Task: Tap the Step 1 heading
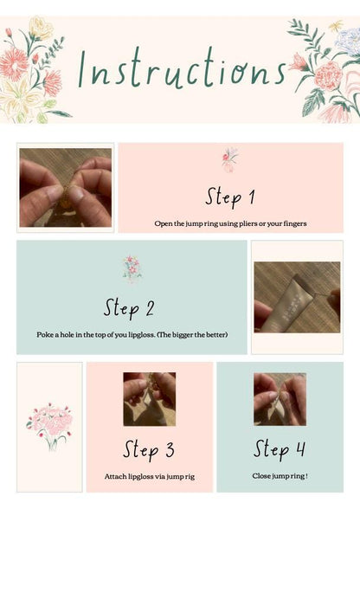[229, 197]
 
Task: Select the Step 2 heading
[129, 308]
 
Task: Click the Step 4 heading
[280, 449]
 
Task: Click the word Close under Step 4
[261, 476]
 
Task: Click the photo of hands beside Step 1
[66, 187]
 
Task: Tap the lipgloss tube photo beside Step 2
[297, 297]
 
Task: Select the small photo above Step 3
[149, 399]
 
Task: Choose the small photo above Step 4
[280, 399]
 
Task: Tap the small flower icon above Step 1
[229, 159]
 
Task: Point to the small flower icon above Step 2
[132, 268]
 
